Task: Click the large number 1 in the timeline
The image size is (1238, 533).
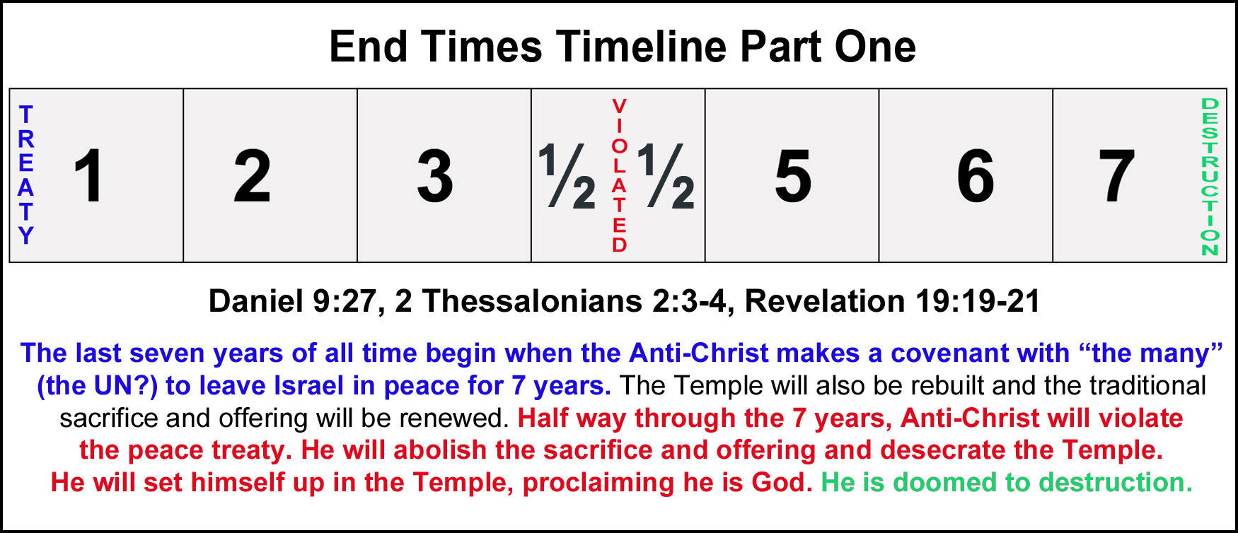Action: coord(90,176)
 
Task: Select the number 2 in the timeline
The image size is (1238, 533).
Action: coord(253,176)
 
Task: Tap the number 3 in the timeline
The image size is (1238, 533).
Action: coord(435,176)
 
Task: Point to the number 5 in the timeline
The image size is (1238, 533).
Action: coord(793,177)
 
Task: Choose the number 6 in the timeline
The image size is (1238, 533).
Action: coord(976,176)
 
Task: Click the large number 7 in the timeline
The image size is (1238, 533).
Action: coord(1116,176)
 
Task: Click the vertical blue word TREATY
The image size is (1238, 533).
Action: coord(26,175)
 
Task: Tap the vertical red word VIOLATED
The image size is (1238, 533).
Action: coord(619,175)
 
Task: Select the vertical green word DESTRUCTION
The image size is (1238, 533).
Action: coord(1210,177)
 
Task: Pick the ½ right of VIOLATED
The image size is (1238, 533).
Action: coord(666,176)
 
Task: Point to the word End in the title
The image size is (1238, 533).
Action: coord(369,47)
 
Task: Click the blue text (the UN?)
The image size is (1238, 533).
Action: coord(97,386)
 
